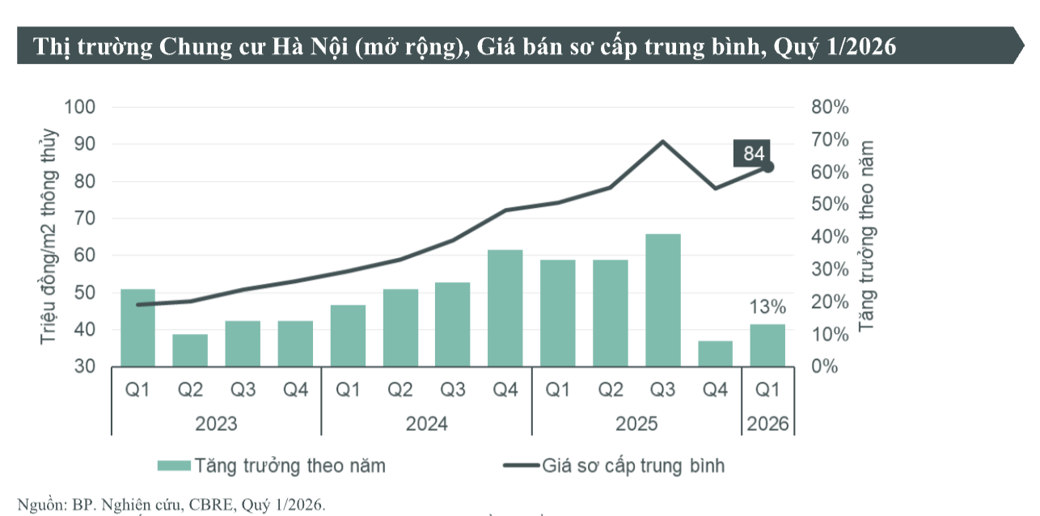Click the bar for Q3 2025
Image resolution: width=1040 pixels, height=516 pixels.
point(662,300)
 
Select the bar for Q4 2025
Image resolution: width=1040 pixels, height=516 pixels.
point(715,353)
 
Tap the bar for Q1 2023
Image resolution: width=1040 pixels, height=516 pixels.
point(137,328)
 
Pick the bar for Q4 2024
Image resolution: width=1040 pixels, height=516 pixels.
point(505,308)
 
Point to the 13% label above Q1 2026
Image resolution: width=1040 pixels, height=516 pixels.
point(767,307)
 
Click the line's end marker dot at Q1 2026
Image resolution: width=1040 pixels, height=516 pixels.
point(768,167)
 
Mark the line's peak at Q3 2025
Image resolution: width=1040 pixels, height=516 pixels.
point(663,142)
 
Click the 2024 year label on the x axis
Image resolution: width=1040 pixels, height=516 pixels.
point(426,423)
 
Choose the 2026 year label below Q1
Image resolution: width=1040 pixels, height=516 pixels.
point(768,423)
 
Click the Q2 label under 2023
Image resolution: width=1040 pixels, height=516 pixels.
point(190,390)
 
